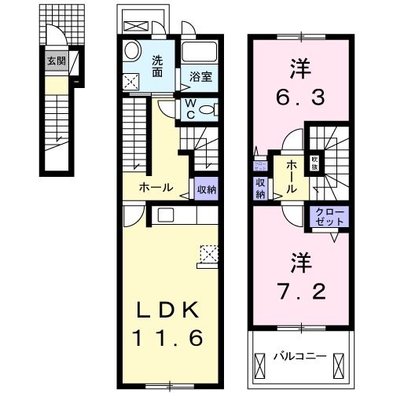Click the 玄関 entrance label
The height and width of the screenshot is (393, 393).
tap(55, 60)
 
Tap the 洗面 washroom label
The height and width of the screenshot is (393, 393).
tap(157, 66)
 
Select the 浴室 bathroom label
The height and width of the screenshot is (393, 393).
tap(201, 78)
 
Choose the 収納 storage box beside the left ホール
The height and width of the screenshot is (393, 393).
tap(206, 189)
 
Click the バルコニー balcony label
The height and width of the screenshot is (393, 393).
tap(300, 357)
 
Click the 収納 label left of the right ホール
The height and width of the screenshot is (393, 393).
tap(260, 189)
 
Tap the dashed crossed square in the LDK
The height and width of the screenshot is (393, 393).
tap(210, 253)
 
